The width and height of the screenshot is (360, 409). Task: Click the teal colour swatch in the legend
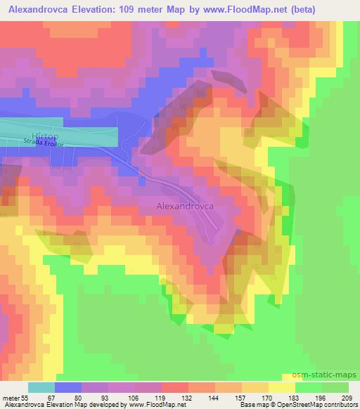41,387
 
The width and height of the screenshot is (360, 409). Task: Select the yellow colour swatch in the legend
282,387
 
